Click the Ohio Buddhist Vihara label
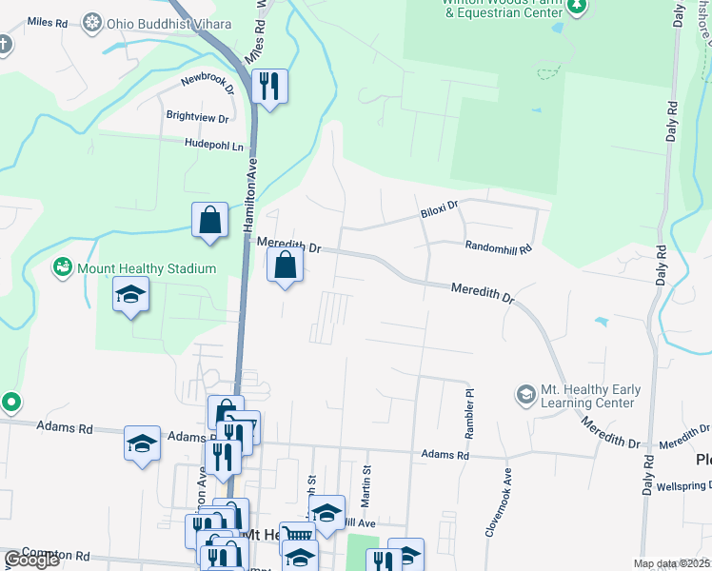150,22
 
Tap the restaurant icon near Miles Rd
269,87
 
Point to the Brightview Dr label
197,118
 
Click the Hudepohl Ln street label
214,144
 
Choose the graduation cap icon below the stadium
131,295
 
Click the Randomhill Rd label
497,246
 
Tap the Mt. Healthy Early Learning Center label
590,396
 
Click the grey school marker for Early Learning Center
524,393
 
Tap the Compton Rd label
55,554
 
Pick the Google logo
31,560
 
